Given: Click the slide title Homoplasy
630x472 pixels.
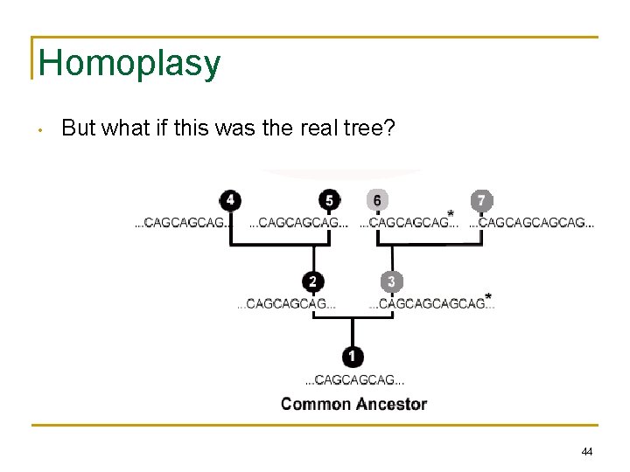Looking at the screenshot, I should [129, 63].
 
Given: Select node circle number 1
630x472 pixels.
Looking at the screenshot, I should [353, 357].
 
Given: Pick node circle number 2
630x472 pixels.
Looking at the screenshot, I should [313, 281].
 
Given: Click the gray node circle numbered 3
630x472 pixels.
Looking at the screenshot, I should [391, 281].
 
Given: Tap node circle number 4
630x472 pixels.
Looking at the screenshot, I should [230, 200].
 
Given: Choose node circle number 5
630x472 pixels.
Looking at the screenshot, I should [329, 200].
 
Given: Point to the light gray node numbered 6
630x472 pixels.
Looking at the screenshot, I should [377, 200].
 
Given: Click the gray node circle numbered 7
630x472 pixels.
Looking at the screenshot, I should [481, 200].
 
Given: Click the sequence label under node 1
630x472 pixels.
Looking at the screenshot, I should [353, 380].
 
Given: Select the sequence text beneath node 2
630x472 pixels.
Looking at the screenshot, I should [287, 304].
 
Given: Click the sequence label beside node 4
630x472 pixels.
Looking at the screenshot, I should [184, 224].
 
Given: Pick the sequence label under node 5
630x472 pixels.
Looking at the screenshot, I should [299, 224].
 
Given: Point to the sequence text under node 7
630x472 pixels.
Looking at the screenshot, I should [532, 224].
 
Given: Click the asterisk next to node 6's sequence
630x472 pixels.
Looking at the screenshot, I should [451, 214].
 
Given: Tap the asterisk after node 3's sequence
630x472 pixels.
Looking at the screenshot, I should [487, 296].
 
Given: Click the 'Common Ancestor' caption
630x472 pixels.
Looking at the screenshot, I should [353, 404].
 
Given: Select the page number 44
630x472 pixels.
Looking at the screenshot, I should [586, 452].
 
